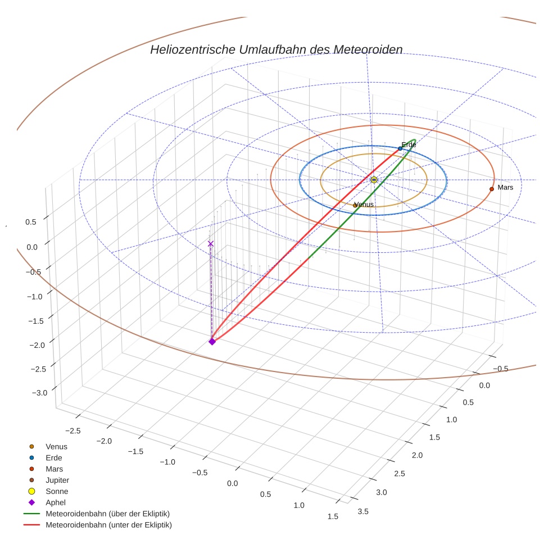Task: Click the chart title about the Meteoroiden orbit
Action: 276,49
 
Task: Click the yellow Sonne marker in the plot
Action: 374,180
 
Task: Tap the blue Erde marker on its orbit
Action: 400,148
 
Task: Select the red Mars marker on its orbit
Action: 492,189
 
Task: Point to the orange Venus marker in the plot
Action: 355,206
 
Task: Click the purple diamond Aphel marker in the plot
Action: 212,341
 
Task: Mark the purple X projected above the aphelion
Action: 211,244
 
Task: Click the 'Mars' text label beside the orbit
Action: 505,187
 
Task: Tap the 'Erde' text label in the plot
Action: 409,145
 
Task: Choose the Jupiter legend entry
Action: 57,481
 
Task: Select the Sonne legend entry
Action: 57,492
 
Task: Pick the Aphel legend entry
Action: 56,502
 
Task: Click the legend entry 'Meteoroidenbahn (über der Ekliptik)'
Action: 107,514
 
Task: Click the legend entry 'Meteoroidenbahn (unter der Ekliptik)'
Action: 108,525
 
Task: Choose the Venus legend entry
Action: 56,447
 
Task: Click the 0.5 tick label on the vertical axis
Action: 31,222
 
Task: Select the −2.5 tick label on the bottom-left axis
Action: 74,430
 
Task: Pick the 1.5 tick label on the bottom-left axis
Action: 333,516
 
